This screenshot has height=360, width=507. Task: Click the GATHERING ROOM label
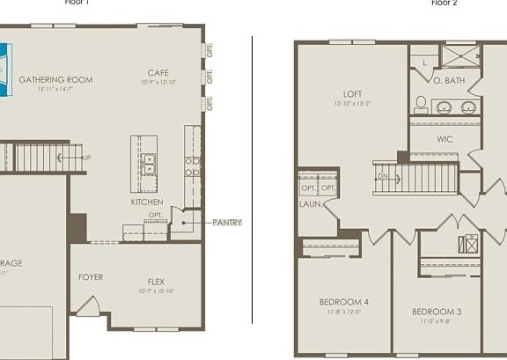tap(55, 80)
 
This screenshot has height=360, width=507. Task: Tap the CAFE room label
tap(158, 73)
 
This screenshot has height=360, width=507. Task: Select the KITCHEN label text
tap(147, 202)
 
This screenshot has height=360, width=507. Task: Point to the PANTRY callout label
tap(226, 223)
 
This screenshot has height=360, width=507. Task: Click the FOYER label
tap(91, 277)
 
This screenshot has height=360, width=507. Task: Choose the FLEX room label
tap(158, 282)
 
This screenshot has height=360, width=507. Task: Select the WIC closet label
tap(445, 138)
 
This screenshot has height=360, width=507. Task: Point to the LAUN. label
tap(310, 204)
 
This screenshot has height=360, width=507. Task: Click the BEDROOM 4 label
tap(343, 302)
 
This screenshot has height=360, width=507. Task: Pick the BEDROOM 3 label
tap(437, 312)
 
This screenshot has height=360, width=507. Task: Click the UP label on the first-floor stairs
tap(85, 158)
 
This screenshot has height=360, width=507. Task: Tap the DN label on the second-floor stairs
tap(383, 175)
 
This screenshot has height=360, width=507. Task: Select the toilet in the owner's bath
tap(421, 105)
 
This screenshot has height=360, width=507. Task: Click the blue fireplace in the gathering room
tap(4, 63)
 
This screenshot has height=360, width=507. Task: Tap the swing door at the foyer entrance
tap(86, 306)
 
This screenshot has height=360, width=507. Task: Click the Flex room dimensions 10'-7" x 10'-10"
tap(158, 290)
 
